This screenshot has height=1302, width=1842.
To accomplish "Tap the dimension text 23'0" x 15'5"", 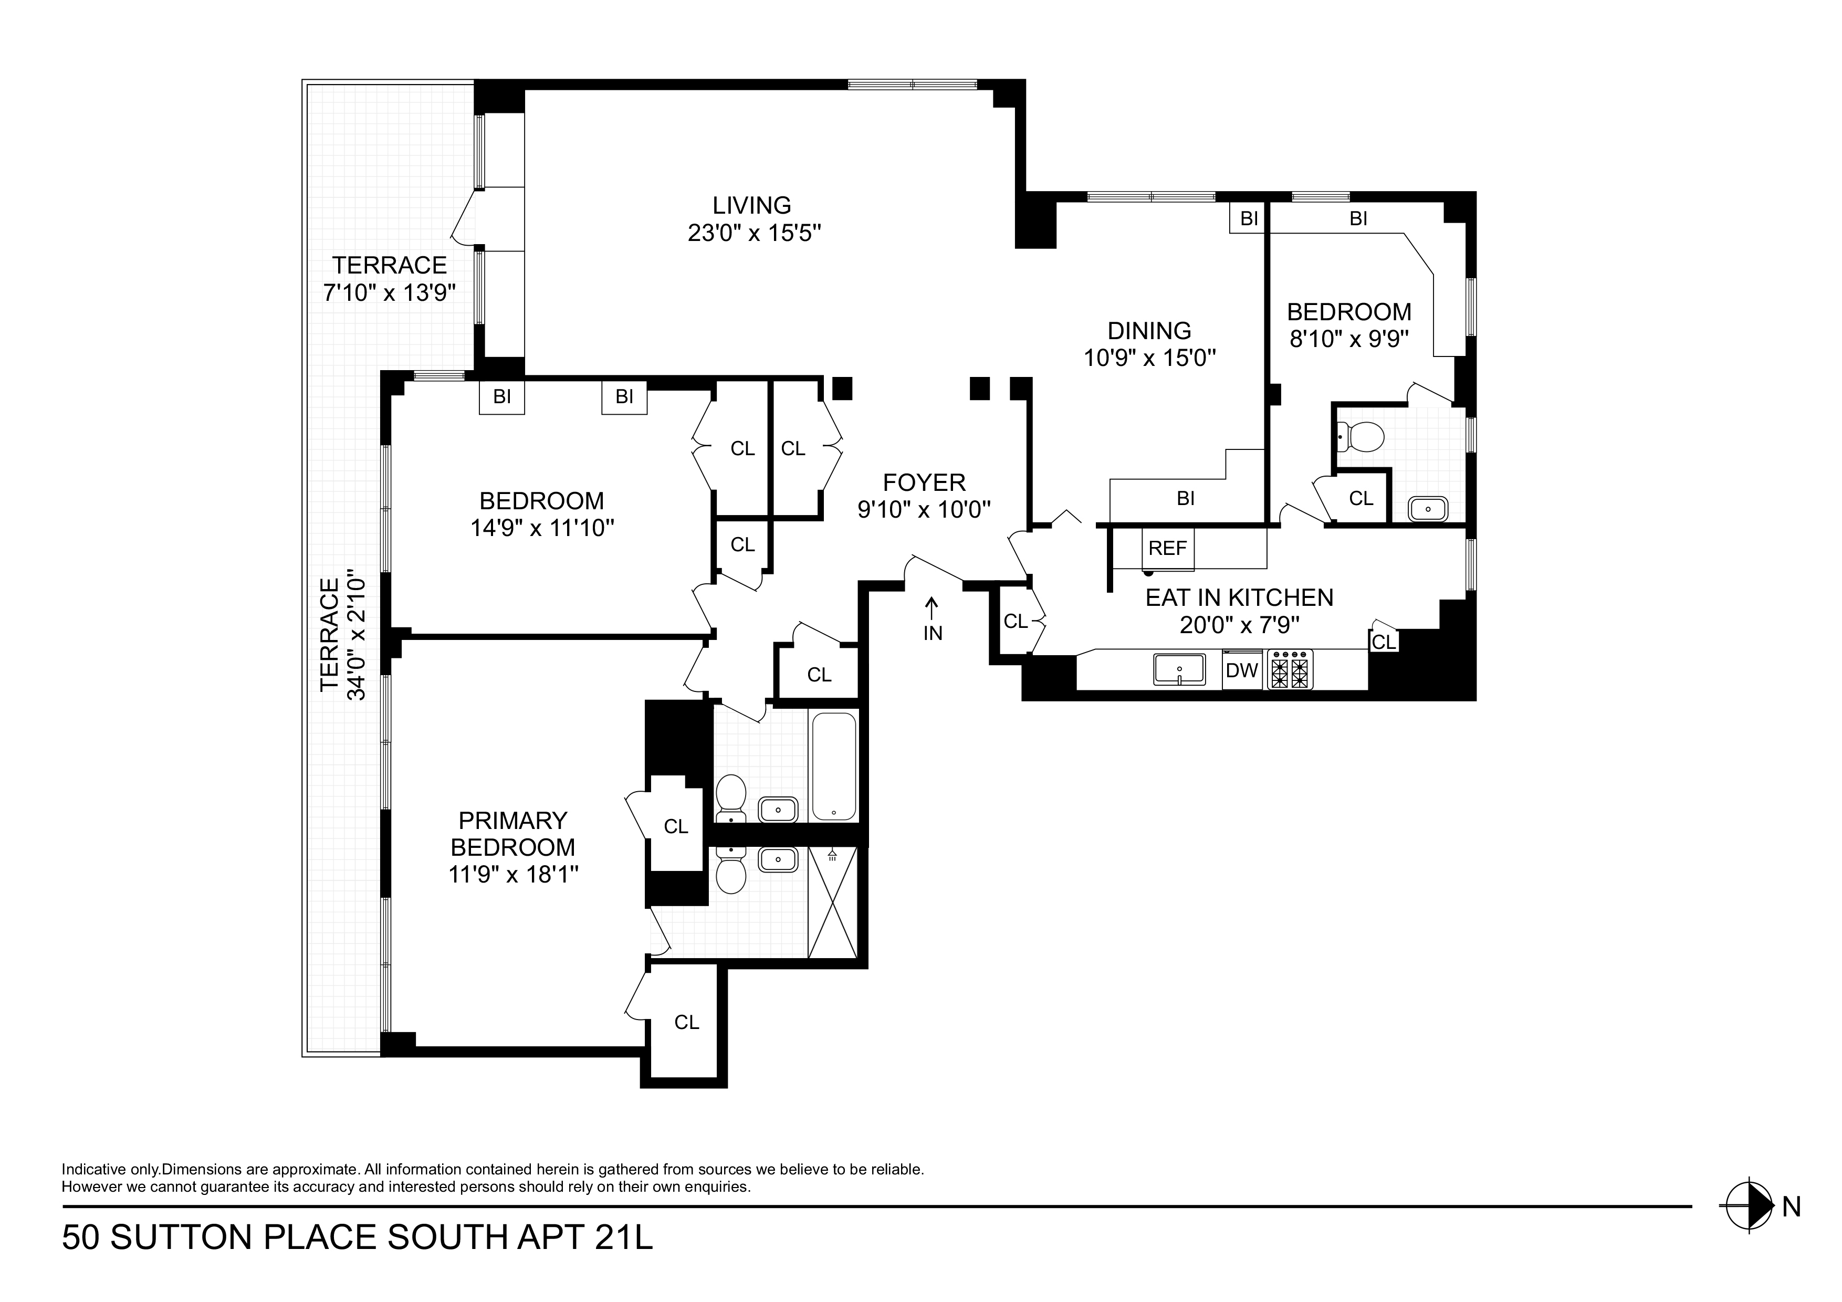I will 753,234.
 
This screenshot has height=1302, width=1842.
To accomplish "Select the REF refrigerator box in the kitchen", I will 1167,548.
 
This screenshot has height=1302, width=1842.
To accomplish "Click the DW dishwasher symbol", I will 1242,670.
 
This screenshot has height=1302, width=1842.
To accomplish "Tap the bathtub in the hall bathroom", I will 834,766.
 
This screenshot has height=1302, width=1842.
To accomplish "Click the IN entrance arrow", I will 932,619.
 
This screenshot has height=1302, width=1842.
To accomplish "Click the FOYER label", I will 924,482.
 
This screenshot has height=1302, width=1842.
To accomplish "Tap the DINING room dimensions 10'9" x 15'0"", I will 1149,358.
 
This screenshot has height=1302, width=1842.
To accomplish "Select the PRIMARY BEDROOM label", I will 512,834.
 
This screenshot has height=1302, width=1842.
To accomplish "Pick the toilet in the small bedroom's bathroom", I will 1363,437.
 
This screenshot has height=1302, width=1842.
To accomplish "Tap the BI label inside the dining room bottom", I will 1186,499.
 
